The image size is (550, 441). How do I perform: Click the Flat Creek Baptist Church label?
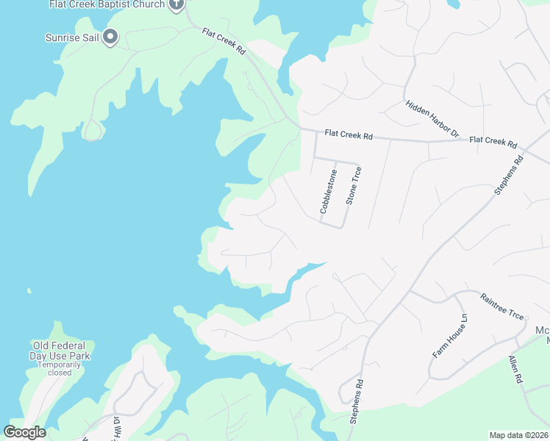coord(107,4)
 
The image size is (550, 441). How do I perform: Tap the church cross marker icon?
coord(176,5)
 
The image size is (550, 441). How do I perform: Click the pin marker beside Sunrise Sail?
coord(110,36)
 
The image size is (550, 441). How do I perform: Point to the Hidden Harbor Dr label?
coord(432,119)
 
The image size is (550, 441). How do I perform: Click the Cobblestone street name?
coord(328,192)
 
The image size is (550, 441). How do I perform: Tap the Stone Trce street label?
coord(354,185)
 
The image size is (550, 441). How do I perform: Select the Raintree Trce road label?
coord(502,306)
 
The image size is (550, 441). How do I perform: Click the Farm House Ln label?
coord(449,335)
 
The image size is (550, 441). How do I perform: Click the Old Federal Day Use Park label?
coord(60,351)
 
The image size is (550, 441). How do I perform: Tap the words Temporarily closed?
coord(60,367)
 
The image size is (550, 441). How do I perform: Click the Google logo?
coord(24,432)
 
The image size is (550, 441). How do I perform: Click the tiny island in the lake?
coord(29,292)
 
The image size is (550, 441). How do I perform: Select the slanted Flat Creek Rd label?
coord(224,42)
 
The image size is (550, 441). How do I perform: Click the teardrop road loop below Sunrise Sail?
coord(93,131)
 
